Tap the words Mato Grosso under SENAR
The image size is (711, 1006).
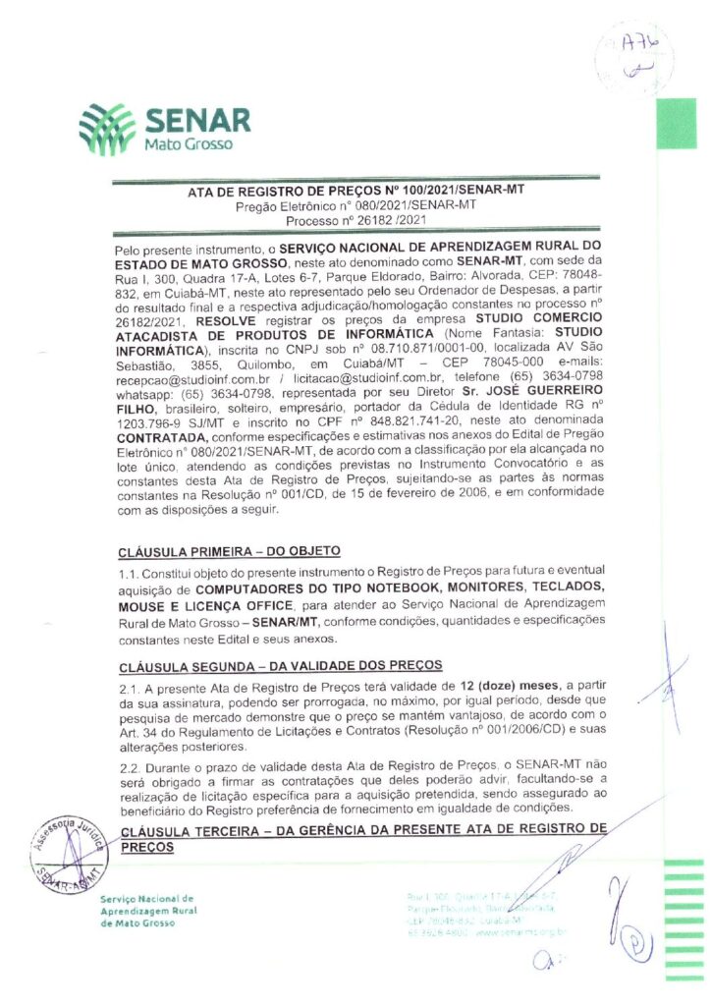(189, 144)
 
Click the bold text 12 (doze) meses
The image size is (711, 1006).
(504, 687)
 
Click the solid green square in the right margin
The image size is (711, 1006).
(676, 123)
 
